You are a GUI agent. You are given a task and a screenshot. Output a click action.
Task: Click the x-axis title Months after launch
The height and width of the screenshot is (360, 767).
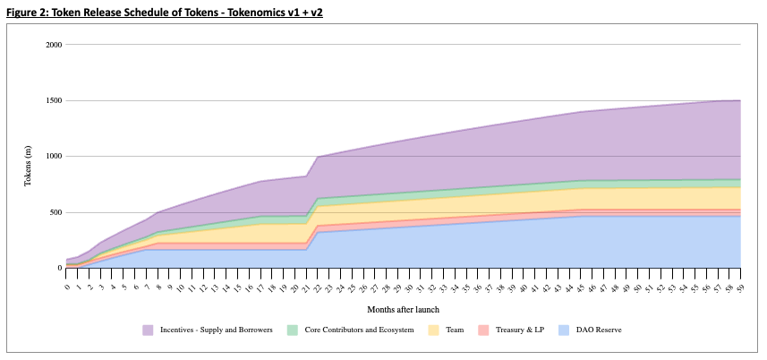404,309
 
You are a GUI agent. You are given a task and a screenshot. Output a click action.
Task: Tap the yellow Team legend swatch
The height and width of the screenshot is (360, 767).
434,330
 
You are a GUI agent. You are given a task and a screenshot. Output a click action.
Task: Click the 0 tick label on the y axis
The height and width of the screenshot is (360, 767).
58,268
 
